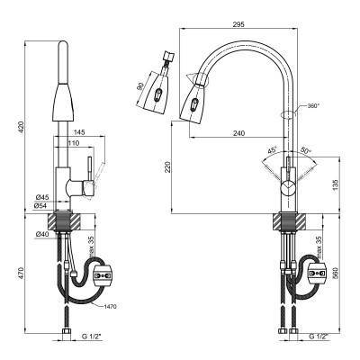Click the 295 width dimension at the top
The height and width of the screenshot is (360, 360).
click(x=238, y=24)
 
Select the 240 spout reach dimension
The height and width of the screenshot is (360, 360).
click(x=239, y=133)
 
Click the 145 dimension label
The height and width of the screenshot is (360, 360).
click(x=79, y=132)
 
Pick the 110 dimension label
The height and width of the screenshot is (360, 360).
click(x=74, y=143)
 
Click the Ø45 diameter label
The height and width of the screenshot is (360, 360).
click(x=41, y=197)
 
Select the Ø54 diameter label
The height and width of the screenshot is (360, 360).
click(x=41, y=205)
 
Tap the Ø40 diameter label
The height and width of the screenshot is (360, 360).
click(x=41, y=234)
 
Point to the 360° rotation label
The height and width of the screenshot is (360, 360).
click(x=313, y=105)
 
